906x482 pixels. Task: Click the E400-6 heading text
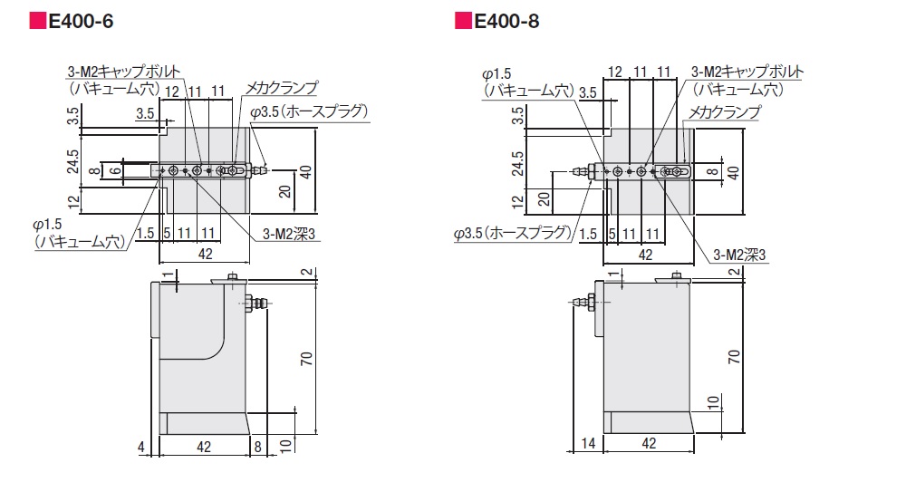pyautogui.click(x=82, y=22)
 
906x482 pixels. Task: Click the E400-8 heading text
pyautogui.click(x=506, y=22)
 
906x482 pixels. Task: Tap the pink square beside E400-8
pyautogui.click(x=463, y=21)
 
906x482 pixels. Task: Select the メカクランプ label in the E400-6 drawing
pyautogui.click(x=282, y=88)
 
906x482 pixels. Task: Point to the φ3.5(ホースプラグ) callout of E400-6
pyautogui.click(x=309, y=111)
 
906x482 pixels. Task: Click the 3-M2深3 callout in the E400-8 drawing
pyautogui.click(x=739, y=255)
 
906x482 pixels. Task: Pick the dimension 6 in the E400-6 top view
pyautogui.click(x=116, y=170)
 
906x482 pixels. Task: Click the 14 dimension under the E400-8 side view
pyautogui.click(x=588, y=443)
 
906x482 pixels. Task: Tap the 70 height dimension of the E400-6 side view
pyautogui.click(x=307, y=358)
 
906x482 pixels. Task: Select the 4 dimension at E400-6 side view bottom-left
pyautogui.click(x=141, y=447)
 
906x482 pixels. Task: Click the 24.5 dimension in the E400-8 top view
pyautogui.click(x=517, y=163)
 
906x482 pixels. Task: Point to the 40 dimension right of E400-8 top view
pyautogui.click(x=733, y=172)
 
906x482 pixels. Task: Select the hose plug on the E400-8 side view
pyautogui.click(x=583, y=302)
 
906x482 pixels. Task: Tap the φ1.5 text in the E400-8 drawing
pyautogui.click(x=496, y=74)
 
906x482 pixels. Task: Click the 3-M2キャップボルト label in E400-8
pyautogui.click(x=747, y=72)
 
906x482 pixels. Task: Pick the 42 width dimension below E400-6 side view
pyautogui.click(x=204, y=447)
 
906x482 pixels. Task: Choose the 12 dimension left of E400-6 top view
pyautogui.click(x=73, y=202)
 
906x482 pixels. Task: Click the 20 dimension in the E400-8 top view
pyautogui.click(x=544, y=200)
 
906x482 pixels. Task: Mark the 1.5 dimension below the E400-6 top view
pyautogui.click(x=146, y=233)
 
